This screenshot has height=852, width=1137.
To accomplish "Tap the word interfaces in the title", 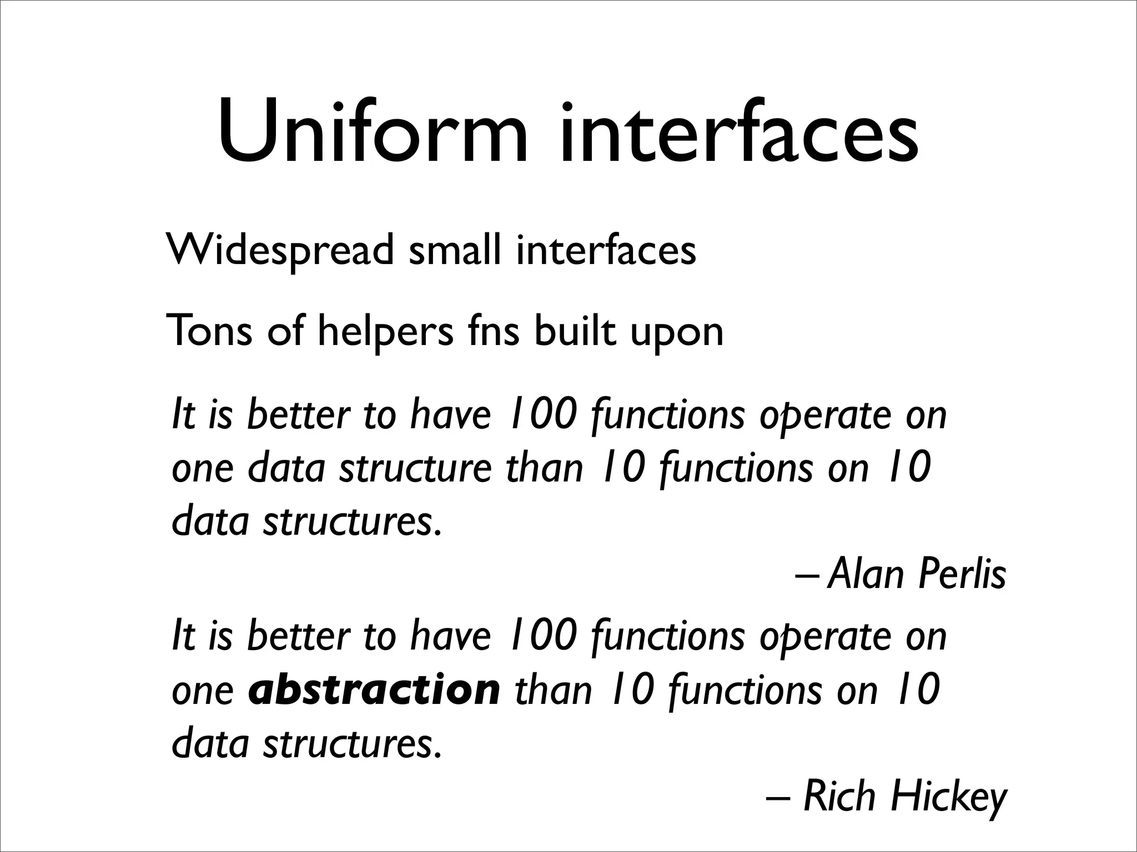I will pyautogui.click(x=738, y=133).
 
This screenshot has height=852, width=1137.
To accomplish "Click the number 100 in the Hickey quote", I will pyautogui.click(x=542, y=636).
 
